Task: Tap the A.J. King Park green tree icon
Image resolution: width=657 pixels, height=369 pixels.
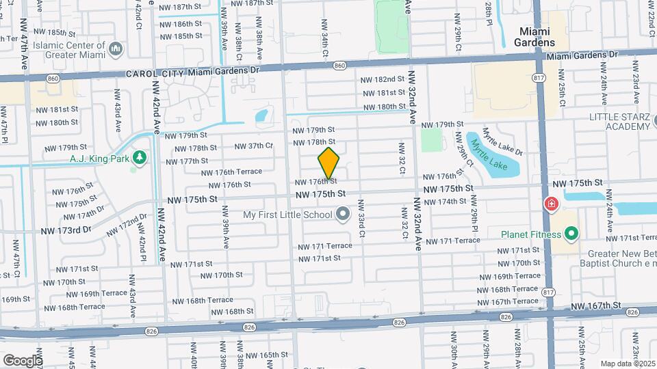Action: coord(140,159)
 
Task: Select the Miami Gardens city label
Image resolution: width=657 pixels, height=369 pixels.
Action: coord(537,37)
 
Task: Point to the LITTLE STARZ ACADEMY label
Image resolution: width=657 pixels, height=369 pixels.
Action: coord(621,122)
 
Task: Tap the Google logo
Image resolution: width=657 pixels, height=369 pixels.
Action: coord(22,360)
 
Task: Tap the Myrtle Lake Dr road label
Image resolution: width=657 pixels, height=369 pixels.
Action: coord(503,141)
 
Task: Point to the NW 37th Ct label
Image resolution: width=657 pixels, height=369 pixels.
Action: coord(253,146)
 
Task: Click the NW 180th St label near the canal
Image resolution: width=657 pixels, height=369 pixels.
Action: coord(385,107)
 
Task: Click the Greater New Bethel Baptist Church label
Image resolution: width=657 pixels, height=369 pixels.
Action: coord(616,256)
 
